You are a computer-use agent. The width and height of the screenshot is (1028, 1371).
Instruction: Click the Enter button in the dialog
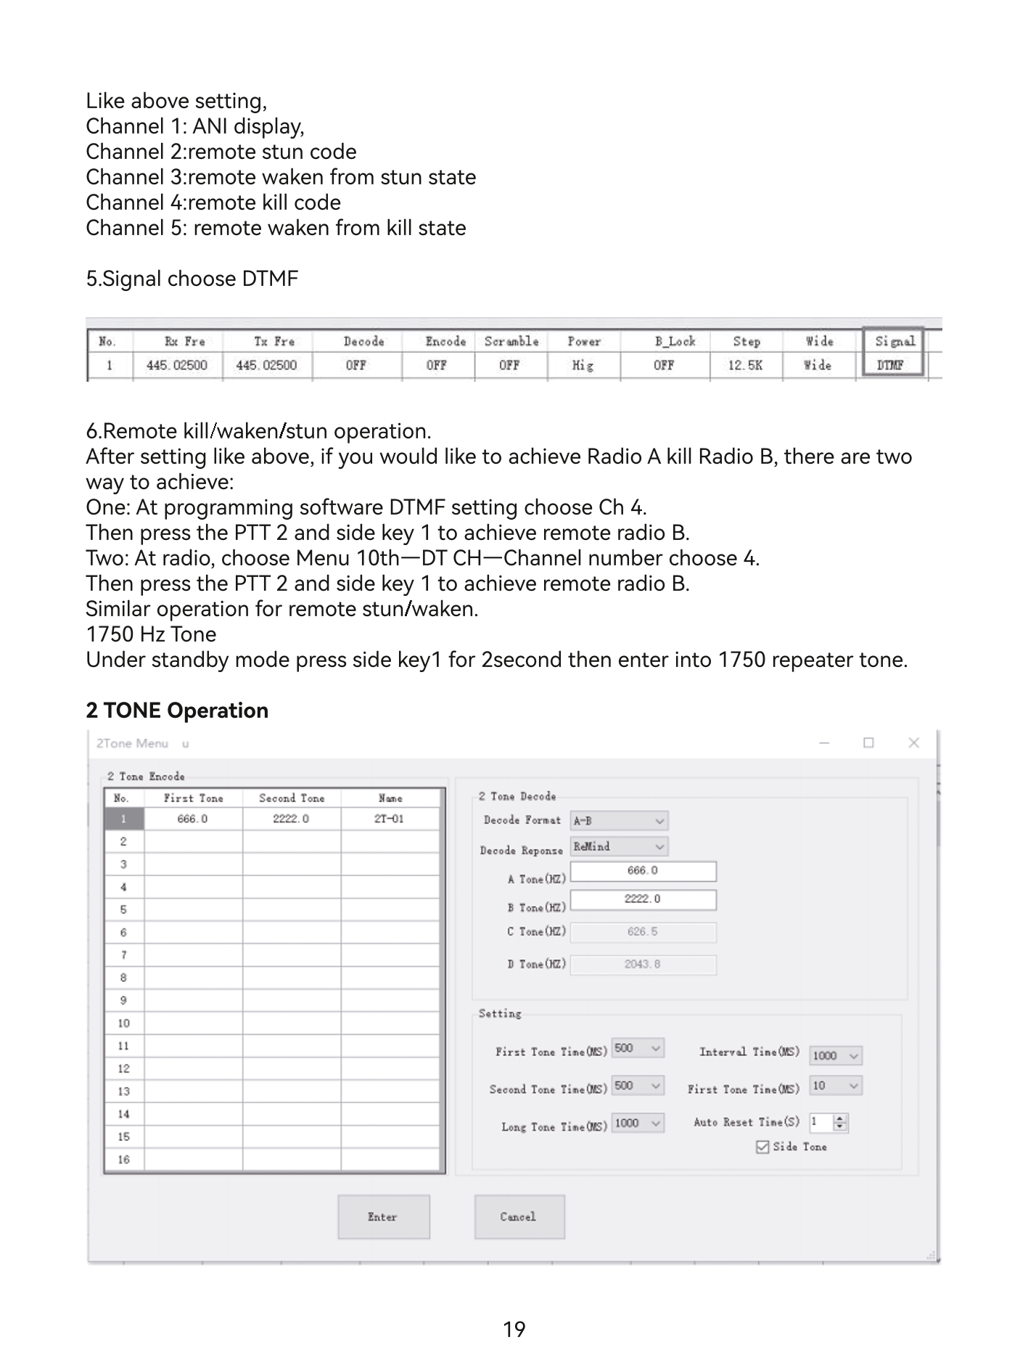tap(383, 1216)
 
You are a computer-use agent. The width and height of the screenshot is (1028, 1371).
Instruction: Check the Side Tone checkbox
tap(762, 1147)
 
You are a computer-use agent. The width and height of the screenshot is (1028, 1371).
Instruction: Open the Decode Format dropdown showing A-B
tap(619, 821)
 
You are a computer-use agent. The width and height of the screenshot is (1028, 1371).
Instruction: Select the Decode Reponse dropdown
tap(619, 847)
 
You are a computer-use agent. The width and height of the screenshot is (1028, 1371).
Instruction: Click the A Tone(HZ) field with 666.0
tap(643, 871)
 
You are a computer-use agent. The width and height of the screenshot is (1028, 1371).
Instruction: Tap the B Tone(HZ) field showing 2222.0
tap(643, 900)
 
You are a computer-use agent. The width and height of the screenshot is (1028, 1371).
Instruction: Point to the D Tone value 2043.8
tap(643, 965)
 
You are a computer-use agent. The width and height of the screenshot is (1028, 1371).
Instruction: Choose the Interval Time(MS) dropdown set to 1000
tap(835, 1056)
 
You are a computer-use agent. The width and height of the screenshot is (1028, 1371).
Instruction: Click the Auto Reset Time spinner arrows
tap(840, 1123)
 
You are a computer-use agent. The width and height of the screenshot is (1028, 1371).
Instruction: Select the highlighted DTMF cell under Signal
tap(892, 365)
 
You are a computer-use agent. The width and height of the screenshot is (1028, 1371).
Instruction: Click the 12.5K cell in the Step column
tap(745, 365)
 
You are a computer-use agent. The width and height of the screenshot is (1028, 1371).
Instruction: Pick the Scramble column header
tap(511, 341)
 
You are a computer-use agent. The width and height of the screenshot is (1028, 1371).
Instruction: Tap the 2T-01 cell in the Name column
tap(390, 819)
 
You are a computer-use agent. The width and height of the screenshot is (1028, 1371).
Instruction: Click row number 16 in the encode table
tap(124, 1160)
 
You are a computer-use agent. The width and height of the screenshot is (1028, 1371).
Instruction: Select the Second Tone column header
tap(292, 798)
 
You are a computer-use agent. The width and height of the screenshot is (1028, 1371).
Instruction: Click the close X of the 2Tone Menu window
tap(913, 742)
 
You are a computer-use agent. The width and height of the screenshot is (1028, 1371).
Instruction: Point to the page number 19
tap(514, 1330)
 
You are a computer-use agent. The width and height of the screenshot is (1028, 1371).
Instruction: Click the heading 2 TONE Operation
tap(177, 711)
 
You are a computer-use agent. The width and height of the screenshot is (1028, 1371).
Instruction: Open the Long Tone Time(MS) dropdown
tap(638, 1124)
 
